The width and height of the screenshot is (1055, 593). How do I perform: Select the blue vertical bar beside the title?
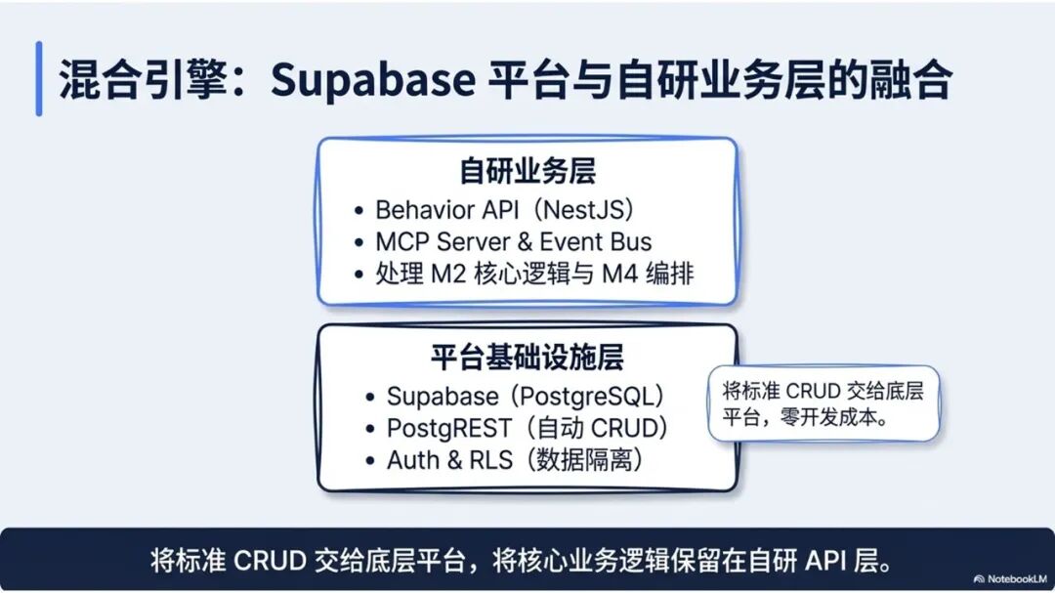tap(39, 79)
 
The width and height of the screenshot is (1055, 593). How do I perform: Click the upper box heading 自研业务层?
tap(527, 172)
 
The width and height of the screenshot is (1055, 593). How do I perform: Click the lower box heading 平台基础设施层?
tap(527, 358)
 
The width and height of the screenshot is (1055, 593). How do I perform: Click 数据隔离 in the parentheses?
tap(586, 460)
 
